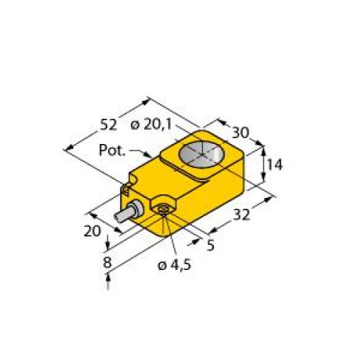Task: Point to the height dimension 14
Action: click(274, 164)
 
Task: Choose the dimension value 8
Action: click(107, 263)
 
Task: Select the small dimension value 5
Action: click(211, 246)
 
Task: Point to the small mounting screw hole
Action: click(165, 210)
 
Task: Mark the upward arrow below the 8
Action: click(108, 287)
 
